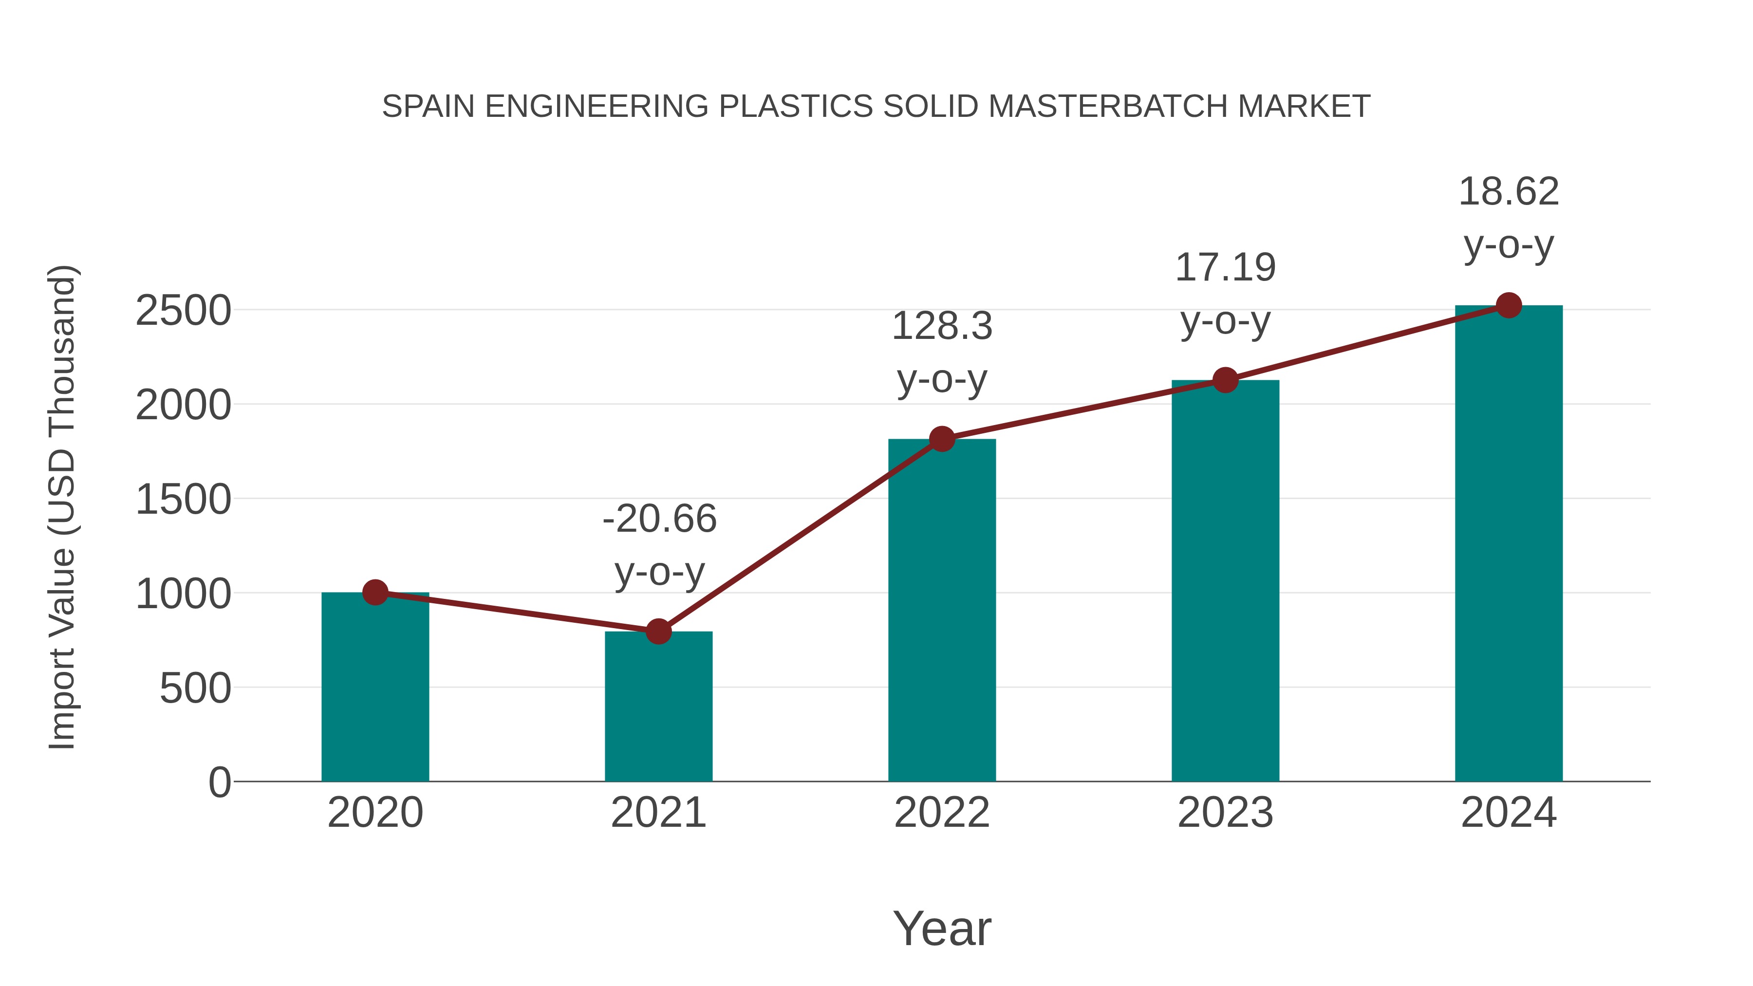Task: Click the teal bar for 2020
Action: pyautogui.click(x=375, y=687)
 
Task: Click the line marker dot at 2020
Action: pyautogui.click(x=375, y=593)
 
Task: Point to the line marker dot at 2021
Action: pyautogui.click(x=658, y=632)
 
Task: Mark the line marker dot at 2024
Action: pyautogui.click(x=1509, y=305)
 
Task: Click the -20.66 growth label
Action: pyautogui.click(x=659, y=519)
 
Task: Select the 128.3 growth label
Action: pyautogui.click(x=942, y=326)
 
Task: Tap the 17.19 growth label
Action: pyautogui.click(x=1225, y=267)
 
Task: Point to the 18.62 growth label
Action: pyautogui.click(x=1509, y=192)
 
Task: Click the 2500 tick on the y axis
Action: pyautogui.click(x=184, y=312)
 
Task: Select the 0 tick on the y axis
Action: pyautogui.click(x=219, y=782)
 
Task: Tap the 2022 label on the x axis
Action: pyautogui.click(x=942, y=813)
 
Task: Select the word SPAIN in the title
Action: pyautogui.click(x=428, y=107)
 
